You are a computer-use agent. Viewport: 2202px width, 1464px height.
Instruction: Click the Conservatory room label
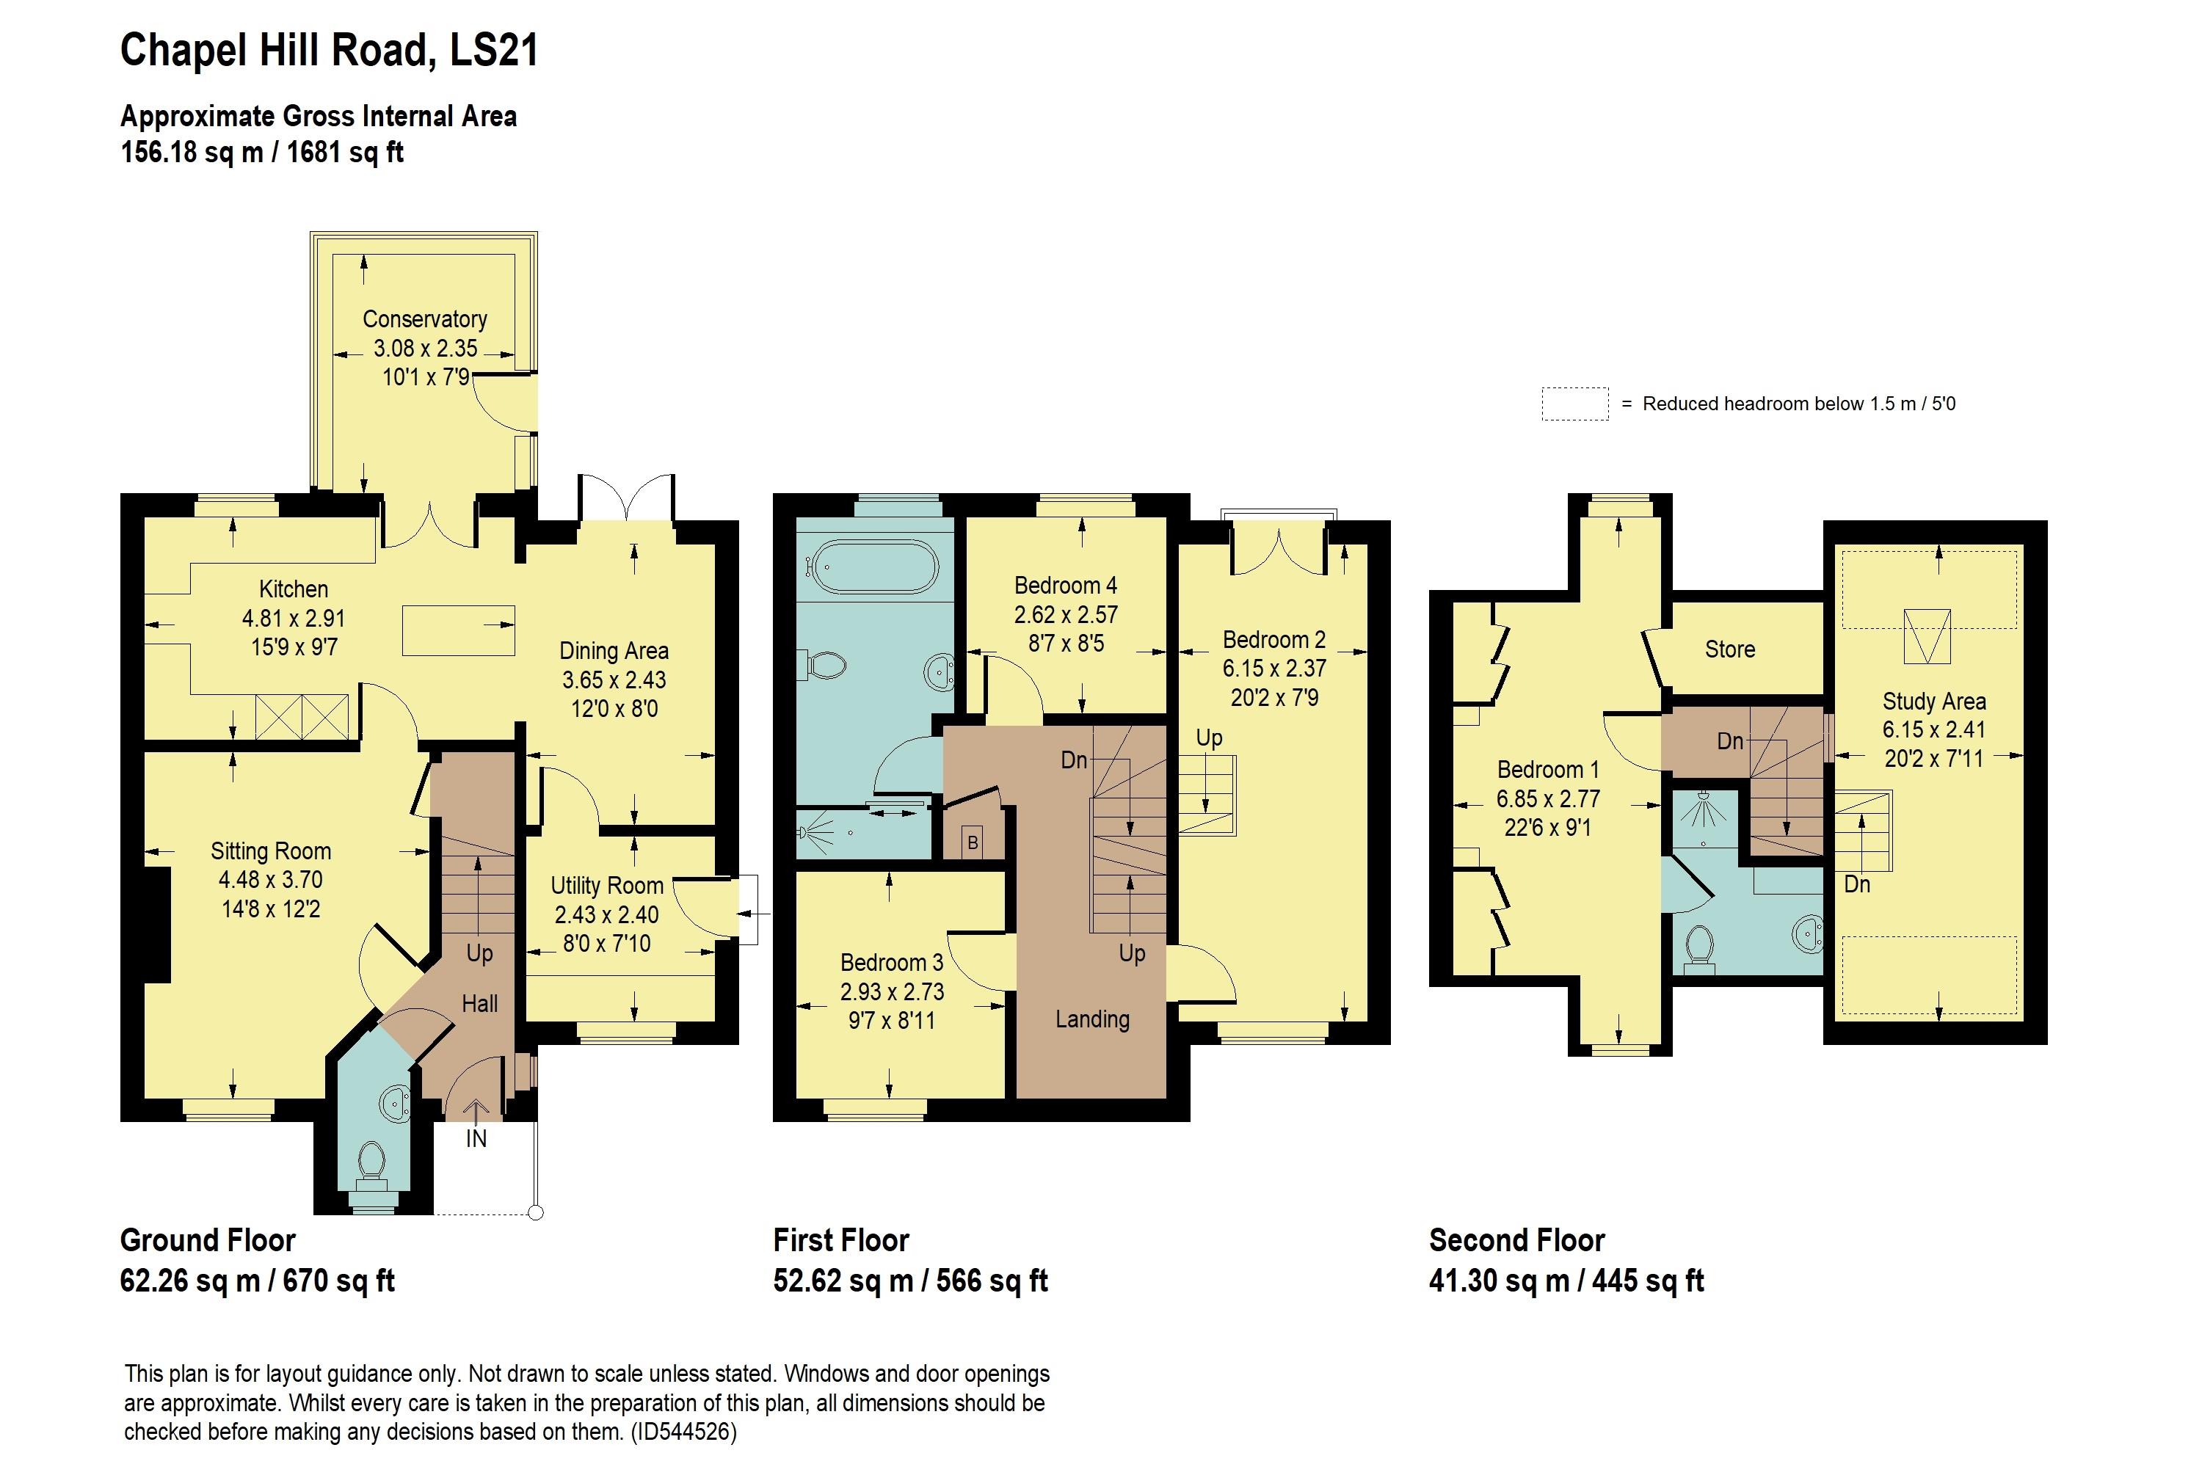point(425,319)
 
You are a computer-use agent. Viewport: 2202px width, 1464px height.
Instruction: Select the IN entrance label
point(476,1139)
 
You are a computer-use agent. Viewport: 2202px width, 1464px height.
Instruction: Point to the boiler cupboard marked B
point(972,842)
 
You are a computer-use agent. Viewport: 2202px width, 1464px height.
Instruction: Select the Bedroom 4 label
point(1066,586)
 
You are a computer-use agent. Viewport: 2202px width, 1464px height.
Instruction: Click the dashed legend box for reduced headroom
point(1574,404)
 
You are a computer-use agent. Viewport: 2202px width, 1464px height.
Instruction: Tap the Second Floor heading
point(1516,1240)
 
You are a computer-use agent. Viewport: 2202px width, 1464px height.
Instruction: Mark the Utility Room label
point(607,885)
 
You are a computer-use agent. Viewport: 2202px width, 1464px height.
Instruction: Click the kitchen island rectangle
point(459,630)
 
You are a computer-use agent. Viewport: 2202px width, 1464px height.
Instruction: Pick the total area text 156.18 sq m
point(192,152)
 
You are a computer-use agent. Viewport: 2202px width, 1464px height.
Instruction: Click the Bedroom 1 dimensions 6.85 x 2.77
point(1548,798)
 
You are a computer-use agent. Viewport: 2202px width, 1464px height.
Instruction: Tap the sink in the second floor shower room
point(1809,933)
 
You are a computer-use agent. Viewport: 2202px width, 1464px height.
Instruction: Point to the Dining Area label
point(614,651)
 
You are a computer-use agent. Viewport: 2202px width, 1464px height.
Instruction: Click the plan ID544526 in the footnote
point(683,1431)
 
